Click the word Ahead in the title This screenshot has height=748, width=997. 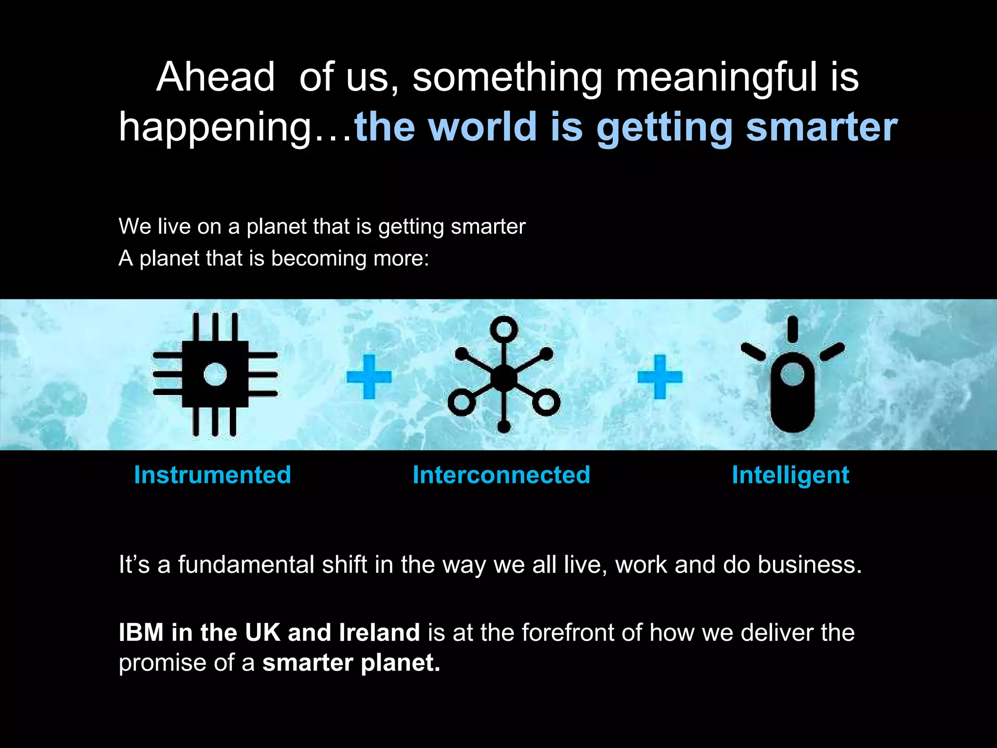click(x=215, y=77)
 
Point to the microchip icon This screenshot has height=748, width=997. click(x=215, y=374)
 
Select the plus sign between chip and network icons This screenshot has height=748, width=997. click(x=369, y=376)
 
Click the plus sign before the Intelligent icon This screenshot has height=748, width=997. click(x=660, y=376)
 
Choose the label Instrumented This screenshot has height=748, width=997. click(x=212, y=475)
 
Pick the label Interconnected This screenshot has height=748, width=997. click(x=501, y=475)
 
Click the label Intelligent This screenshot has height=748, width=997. click(x=790, y=475)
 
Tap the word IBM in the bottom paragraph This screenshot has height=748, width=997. click(x=141, y=633)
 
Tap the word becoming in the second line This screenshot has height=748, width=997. click(x=318, y=258)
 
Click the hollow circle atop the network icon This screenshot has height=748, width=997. click(x=504, y=329)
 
